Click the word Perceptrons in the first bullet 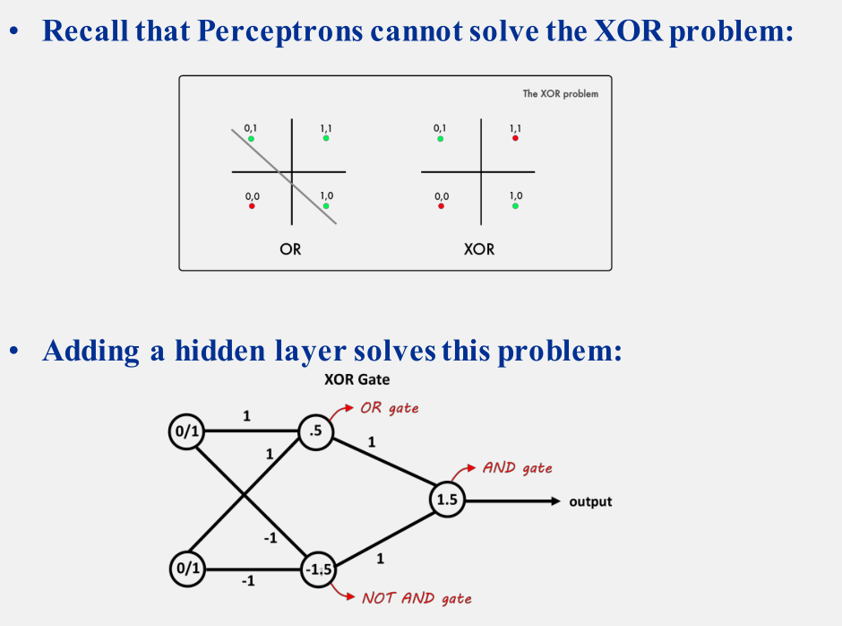pyautogui.click(x=279, y=32)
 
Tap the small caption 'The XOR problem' pyautogui.click(x=561, y=94)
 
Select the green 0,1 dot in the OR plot pyautogui.click(x=252, y=139)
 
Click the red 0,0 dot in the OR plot pyautogui.click(x=253, y=206)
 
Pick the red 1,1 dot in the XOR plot pyautogui.click(x=515, y=138)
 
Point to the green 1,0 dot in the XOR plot pyautogui.click(x=515, y=205)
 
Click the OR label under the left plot pyautogui.click(x=290, y=248)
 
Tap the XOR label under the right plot pyautogui.click(x=479, y=248)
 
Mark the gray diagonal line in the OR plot pyautogui.click(x=309, y=199)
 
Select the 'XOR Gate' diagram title pyautogui.click(x=357, y=379)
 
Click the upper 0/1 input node pyautogui.click(x=186, y=432)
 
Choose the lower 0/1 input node pyautogui.click(x=186, y=568)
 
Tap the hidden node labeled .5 pyautogui.click(x=315, y=432)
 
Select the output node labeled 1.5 pyautogui.click(x=447, y=501)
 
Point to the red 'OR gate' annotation pyautogui.click(x=389, y=408)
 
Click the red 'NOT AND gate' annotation pyautogui.click(x=417, y=598)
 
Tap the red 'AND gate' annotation pyautogui.click(x=517, y=467)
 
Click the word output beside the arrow pyautogui.click(x=590, y=501)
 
